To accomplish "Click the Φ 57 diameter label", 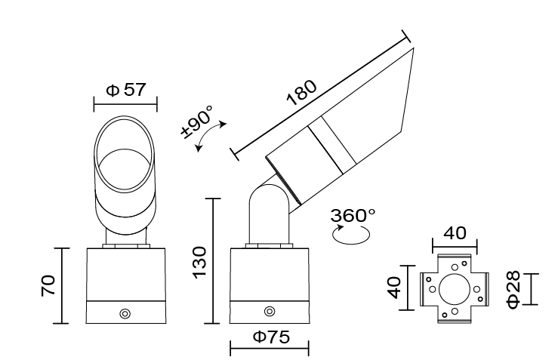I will click(125, 90).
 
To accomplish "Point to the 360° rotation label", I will click(353, 214).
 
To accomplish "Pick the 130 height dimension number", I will click(198, 260).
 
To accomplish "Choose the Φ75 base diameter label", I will click(270, 336).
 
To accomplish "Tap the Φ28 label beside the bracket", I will click(513, 289).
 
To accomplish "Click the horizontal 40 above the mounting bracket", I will click(454, 231).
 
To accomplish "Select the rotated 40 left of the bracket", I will click(392, 287).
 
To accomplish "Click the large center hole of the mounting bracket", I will click(453, 288).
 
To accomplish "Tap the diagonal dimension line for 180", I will click(321, 95).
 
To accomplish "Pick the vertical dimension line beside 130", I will click(215, 260).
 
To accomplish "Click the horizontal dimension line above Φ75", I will click(270, 349).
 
